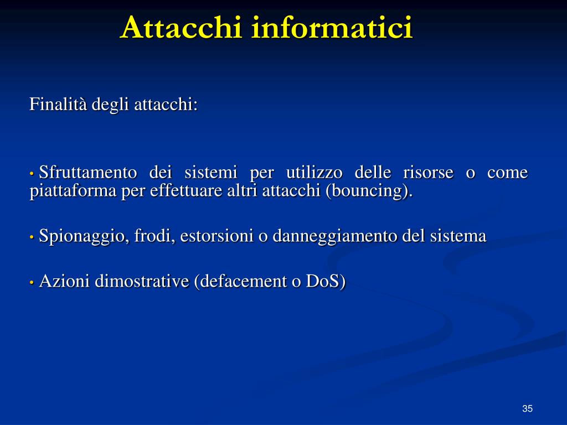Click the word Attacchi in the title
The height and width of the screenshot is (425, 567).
tap(182, 28)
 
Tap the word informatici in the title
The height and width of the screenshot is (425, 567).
tap(332, 28)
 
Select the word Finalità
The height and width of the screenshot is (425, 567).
tap(58, 104)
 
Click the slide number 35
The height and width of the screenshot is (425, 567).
tap(527, 408)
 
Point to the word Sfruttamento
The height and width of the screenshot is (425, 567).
tap(88, 173)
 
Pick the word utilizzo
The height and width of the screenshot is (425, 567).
tap(315, 173)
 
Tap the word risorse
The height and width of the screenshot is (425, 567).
tap(428, 173)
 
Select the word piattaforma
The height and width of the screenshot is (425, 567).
tap(73, 191)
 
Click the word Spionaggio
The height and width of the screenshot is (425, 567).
tap(84, 236)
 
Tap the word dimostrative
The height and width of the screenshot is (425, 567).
tap(142, 281)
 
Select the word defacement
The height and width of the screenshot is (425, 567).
tap(240, 281)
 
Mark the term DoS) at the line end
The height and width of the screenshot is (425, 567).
tap(326, 281)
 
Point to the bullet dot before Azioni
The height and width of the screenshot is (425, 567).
tap(32, 283)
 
